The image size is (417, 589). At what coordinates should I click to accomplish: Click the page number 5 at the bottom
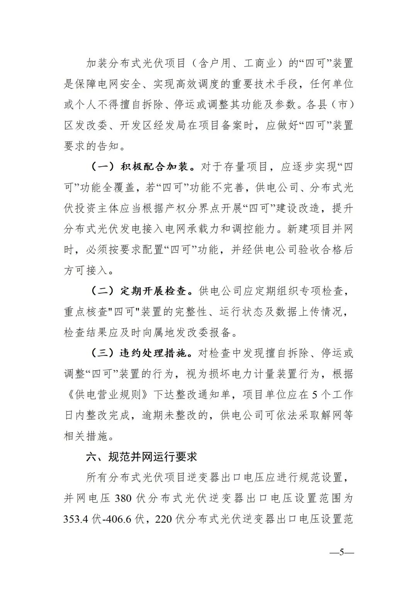coord(341,552)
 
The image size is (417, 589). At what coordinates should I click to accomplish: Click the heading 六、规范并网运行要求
coord(142,457)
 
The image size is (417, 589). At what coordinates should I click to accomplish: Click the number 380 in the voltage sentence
coord(124,498)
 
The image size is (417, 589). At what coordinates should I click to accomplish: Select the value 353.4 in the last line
coord(76,519)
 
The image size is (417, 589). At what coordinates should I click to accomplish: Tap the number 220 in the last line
coord(163,519)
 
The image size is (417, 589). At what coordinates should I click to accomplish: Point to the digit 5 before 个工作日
coord(314,395)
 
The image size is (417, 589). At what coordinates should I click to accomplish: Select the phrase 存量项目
coord(247,167)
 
